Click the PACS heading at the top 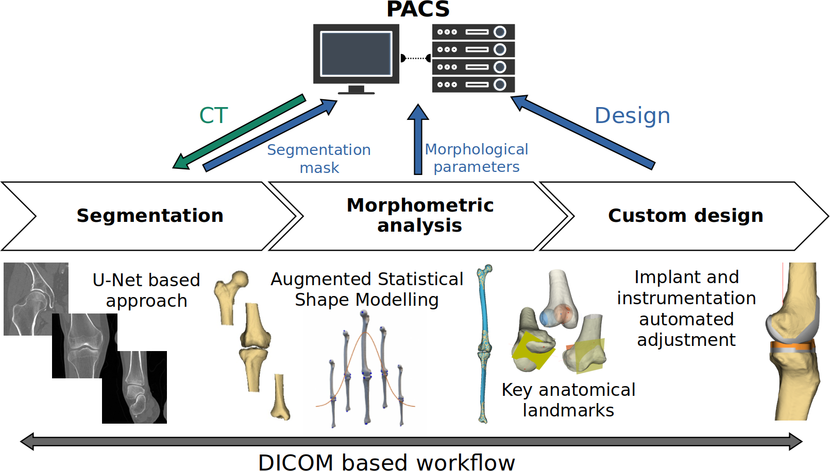[x=418, y=9]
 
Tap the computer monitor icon [x=356, y=59]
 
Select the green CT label [x=213, y=115]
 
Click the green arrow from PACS [x=239, y=132]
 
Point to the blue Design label [x=632, y=115]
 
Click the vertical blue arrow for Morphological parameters [x=418, y=139]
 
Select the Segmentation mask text [x=319, y=159]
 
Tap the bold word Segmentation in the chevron [x=150, y=216]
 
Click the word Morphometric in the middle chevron [x=420, y=205]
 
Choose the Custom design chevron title [x=686, y=216]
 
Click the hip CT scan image [x=36, y=299]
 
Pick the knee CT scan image [x=85, y=346]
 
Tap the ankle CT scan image [x=134, y=387]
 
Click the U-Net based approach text [x=146, y=290]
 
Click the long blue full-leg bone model [x=484, y=344]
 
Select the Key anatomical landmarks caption [x=568, y=400]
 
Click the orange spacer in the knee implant [x=792, y=347]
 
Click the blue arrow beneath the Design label [x=583, y=133]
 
